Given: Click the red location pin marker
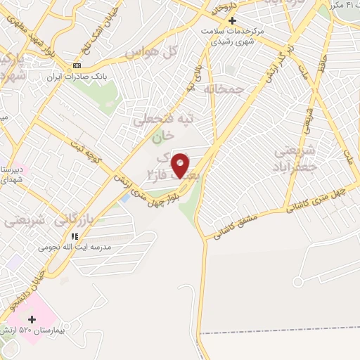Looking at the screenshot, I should coord(181,165).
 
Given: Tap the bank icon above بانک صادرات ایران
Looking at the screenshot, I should coord(77,65).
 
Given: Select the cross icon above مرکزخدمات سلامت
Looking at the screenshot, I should coord(233,20).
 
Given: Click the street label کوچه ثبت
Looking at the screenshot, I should coord(86,154).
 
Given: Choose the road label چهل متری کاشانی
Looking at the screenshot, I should coord(317,199).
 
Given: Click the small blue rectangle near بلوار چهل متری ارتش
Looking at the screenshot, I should coord(125,198).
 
